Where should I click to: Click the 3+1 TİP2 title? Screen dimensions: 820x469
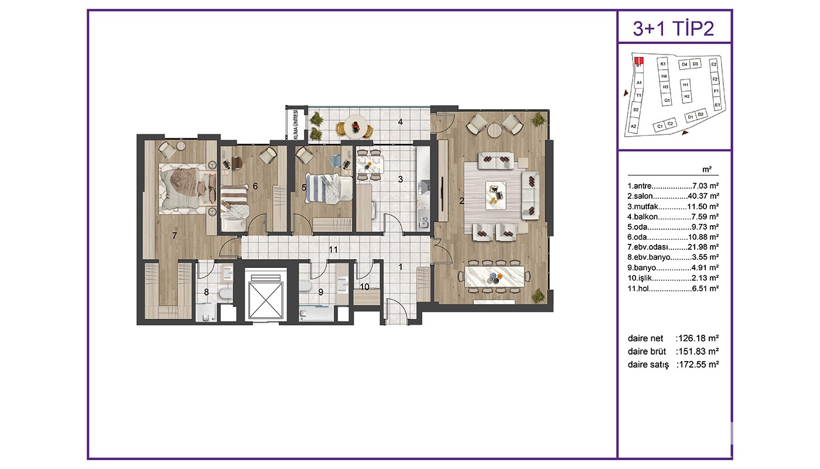pyautogui.click(x=674, y=28)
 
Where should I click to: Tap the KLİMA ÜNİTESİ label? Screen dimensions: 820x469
pyautogui.click(x=295, y=124)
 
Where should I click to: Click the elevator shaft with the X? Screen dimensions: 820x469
pyautogui.click(x=266, y=295)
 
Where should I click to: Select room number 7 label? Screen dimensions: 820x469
pyautogui.click(x=175, y=236)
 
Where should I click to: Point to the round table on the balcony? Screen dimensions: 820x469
pyautogui.click(x=355, y=127)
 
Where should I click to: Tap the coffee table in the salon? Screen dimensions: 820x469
pyautogui.click(x=496, y=195)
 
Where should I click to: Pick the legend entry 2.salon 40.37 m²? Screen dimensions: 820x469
pyautogui.click(x=673, y=196)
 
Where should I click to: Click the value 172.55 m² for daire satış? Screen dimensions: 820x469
pyautogui.click(x=698, y=365)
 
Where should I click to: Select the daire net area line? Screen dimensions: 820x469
pyautogui.click(x=673, y=338)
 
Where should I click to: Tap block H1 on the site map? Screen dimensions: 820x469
pyautogui.click(x=686, y=84)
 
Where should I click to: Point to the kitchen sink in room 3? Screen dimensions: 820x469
pyautogui.click(x=424, y=222)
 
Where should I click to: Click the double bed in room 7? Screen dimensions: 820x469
pyautogui.click(x=187, y=188)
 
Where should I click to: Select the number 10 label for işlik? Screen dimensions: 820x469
pyautogui.click(x=364, y=287)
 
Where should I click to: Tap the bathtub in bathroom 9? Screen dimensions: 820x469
pyautogui.click(x=316, y=314)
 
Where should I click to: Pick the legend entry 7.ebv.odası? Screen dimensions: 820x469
pyautogui.click(x=673, y=247)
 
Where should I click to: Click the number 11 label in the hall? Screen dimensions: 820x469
pyautogui.click(x=333, y=250)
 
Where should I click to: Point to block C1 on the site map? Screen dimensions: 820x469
pyautogui.click(x=660, y=127)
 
